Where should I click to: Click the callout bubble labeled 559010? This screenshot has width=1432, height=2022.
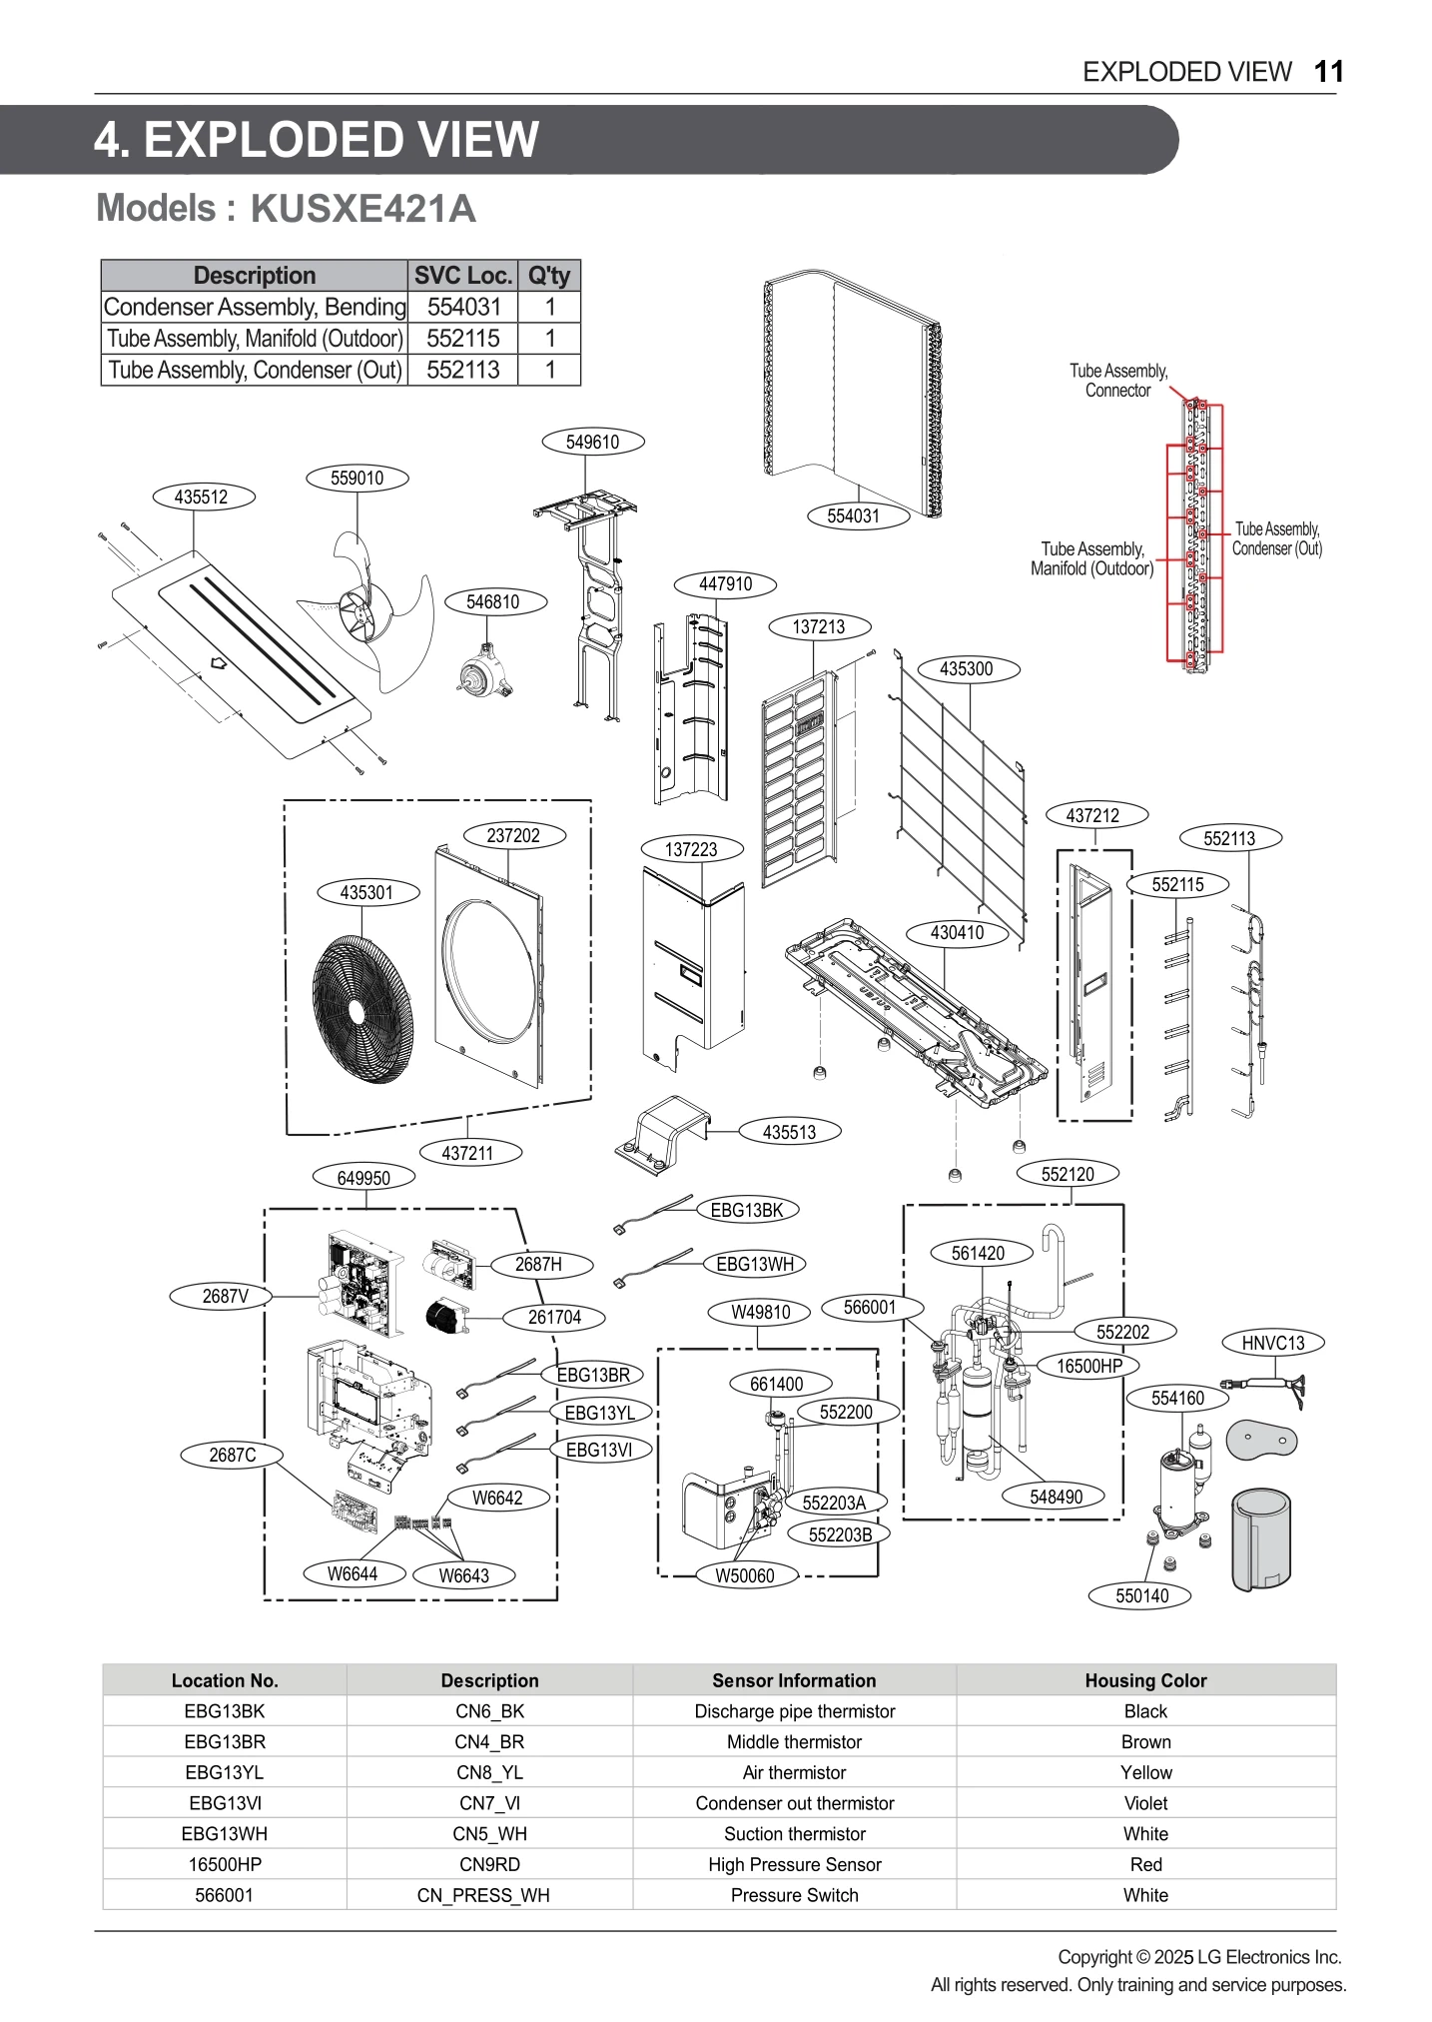pyautogui.click(x=357, y=478)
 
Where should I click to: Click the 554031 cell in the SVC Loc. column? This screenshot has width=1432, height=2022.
pyautogui.click(x=463, y=307)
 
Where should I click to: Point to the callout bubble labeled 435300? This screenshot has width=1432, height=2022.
pyautogui.click(x=966, y=669)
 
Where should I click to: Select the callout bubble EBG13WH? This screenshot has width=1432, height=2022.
pyautogui.click(x=754, y=1264)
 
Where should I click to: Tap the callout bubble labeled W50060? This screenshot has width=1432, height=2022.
pyautogui.click(x=745, y=1575)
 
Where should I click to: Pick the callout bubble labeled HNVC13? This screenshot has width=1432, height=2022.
pyautogui.click(x=1272, y=1343)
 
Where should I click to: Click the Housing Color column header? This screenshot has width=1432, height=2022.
pyautogui.click(x=1145, y=1680)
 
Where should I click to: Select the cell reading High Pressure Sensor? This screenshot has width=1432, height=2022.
pyautogui.click(x=794, y=1864)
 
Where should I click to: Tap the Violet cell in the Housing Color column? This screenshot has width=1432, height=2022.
pyautogui.click(x=1145, y=1803)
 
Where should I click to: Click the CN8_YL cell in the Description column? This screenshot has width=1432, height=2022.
pyautogui.click(x=489, y=1772)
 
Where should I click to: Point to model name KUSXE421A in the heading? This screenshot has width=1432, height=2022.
pyautogui.click(x=362, y=209)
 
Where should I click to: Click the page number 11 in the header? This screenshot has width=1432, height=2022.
pyautogui.click(x=1328, y=72)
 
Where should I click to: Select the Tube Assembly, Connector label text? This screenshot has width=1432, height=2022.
pyautogui.click(x=1118, y=381)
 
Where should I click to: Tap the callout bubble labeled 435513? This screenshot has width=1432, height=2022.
pyautogui.click(x=789, y=1132)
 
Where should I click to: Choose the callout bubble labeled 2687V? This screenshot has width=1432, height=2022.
pyautogui.click(x=225, y=1297)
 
